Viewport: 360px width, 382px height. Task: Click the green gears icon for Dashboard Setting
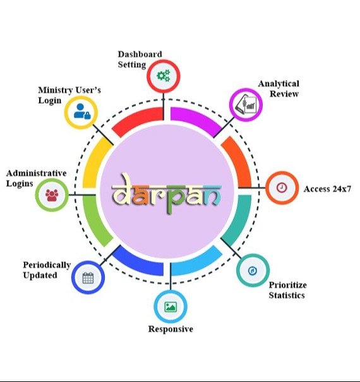click(x=164, y=76)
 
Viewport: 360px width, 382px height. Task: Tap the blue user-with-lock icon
click(x=82, y=112)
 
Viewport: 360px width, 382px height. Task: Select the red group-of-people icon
click(x=52, y=195)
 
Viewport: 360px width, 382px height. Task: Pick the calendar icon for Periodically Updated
click(x=88, y=278)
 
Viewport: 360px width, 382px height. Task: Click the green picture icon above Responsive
click(x=171, y=307)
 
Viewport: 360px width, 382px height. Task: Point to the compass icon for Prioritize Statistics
click(x=252, y=271)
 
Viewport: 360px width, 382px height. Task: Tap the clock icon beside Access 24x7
click(x=282, y=188)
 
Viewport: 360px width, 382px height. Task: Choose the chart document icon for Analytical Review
click(x=246, y=105)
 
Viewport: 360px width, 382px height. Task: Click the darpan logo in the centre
click(x=167, y=193)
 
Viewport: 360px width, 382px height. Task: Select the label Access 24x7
click(x=327, y=189)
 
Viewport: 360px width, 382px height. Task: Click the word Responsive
click(x=171, y=329)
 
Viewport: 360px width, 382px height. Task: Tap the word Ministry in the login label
click(x=56, y=90)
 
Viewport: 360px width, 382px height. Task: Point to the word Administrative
click(x=37, y=173)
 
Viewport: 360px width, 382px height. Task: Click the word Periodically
click(x=47, y=265)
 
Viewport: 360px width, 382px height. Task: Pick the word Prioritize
click(x=287, y=285)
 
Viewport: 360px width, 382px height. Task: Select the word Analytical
click(x=279, y=84)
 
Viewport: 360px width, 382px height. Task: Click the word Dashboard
click(x=140, y=54)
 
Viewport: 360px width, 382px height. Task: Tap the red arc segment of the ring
click(x=136, y=119)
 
